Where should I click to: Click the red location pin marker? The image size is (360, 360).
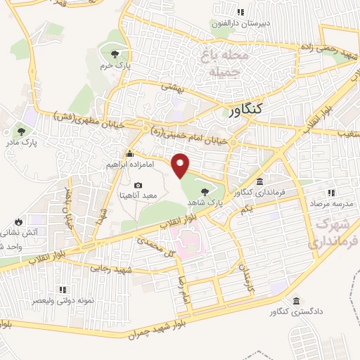click(x=181, y=165)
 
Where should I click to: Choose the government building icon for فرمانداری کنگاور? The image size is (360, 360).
click(x=260, y=181)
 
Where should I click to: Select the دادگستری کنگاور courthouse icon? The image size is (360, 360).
click(x=297, y=299)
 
